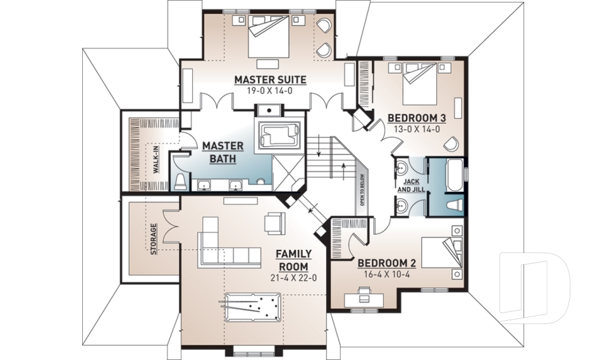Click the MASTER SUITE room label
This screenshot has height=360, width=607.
270,80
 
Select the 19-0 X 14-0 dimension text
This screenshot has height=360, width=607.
270,90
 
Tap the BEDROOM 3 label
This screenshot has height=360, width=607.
417,118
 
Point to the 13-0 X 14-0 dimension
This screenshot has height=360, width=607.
417,128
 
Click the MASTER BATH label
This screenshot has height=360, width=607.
219,152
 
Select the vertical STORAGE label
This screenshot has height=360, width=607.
154,238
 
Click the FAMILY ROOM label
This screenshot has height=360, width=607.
293,260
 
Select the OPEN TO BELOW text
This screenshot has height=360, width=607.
362,189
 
